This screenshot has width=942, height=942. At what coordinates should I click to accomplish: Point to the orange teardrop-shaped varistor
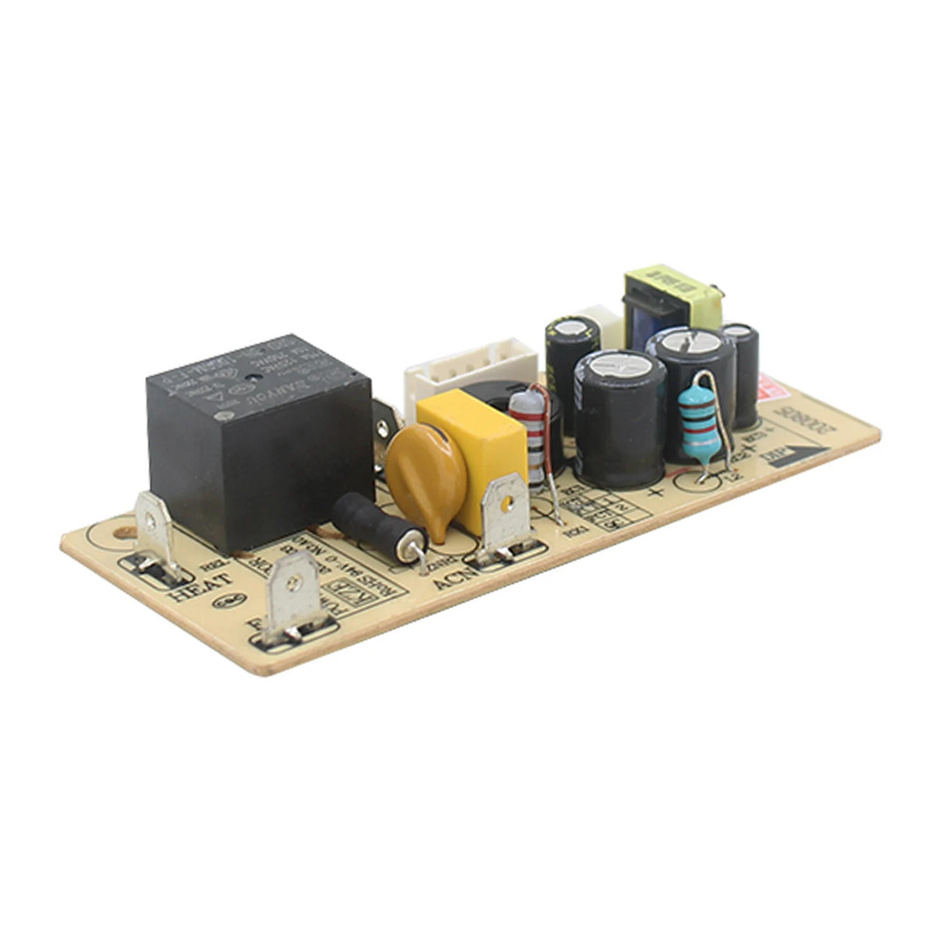click(426, 478)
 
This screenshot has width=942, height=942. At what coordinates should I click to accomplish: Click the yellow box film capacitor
click(475, 451)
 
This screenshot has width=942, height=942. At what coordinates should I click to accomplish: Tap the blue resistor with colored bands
click(699, 423)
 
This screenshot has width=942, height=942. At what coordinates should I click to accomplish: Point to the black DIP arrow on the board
click(797, 455)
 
